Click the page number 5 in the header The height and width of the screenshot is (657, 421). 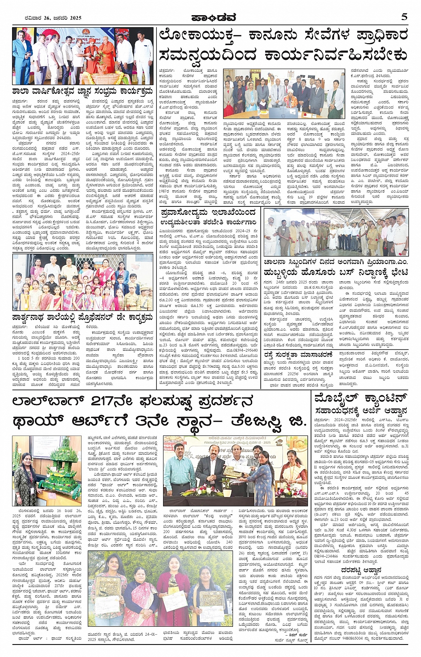tap(404, 17)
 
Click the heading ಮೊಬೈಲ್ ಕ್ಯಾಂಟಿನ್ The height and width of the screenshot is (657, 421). tap(361, 398)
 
